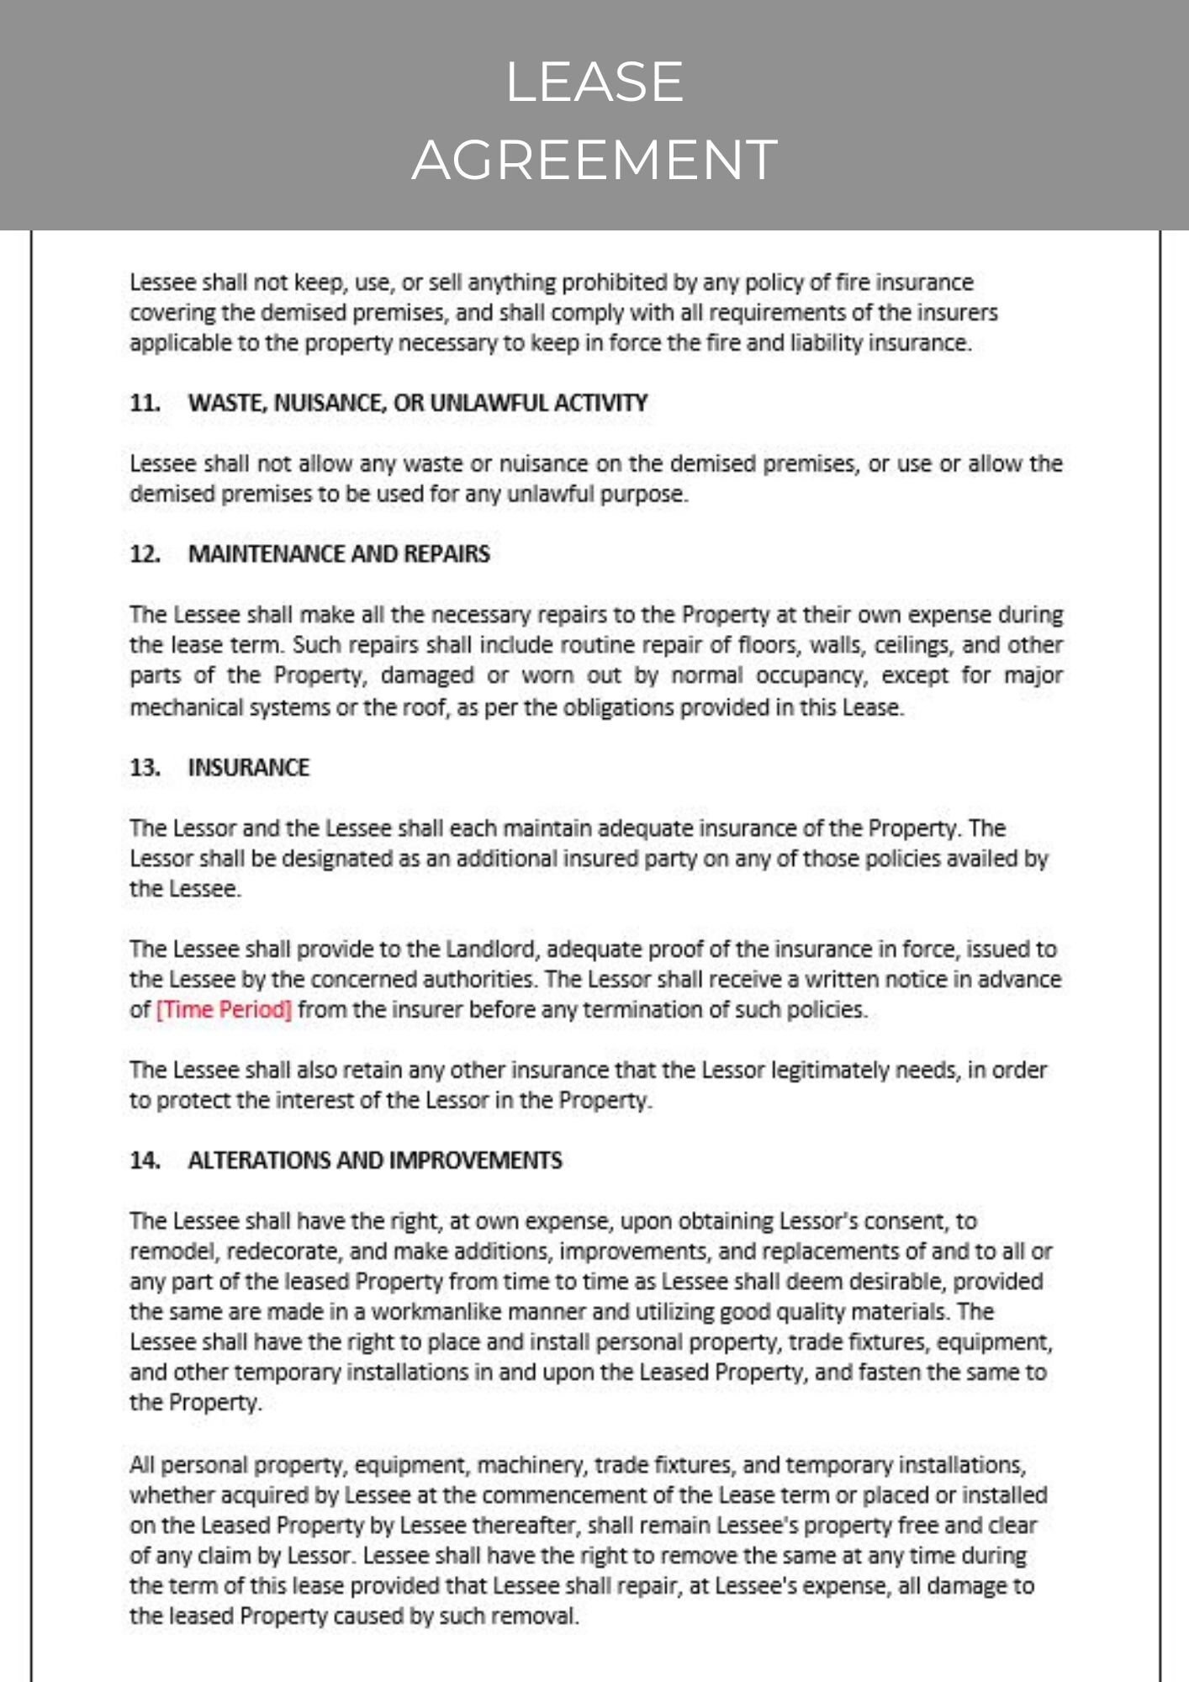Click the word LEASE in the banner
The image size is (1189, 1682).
tap(594, 82)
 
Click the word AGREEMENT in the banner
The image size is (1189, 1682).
tap(594, 160)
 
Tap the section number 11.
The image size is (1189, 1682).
tap(145, 403)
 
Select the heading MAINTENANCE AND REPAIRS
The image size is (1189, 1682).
tap(338, 554)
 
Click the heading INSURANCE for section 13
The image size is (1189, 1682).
tap(248, 768)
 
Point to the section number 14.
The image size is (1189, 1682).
tap(145, 1161)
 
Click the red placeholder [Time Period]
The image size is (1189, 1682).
tap(224, 1009)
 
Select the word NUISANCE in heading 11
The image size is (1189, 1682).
tap(329, 403)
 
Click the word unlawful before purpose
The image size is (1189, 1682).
tap(551, 495)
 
